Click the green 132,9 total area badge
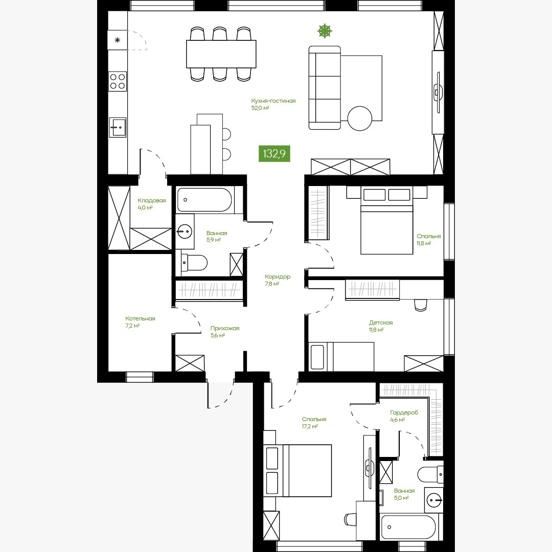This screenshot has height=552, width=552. click(274, 153)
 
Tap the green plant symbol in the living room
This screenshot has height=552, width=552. click(325, 31)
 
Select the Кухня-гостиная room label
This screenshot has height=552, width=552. click(273, 101)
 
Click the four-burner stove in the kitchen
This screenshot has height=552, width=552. click(118, 81)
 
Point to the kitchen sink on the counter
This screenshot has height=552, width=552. click(118, 127)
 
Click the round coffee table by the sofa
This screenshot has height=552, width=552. click(359, 119)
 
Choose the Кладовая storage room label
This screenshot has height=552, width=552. click(151, 200)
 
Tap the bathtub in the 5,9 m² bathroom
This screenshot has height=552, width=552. click(204, 200)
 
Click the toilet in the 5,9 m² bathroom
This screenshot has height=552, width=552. click(194, 263)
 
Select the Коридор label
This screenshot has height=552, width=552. click(278, 277)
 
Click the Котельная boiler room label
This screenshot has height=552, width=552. click(140, 318)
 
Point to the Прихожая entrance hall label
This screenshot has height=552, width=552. click(225, 328)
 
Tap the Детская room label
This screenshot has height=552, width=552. click(381, 323)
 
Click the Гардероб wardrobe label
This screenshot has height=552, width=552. click(404, 412)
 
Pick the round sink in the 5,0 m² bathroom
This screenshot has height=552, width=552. click(434, 499)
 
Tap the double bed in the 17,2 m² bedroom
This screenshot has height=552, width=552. click(298, 470)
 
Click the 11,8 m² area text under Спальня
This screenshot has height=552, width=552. click(424, 244)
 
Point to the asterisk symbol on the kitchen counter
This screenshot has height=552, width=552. click(118, 40)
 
